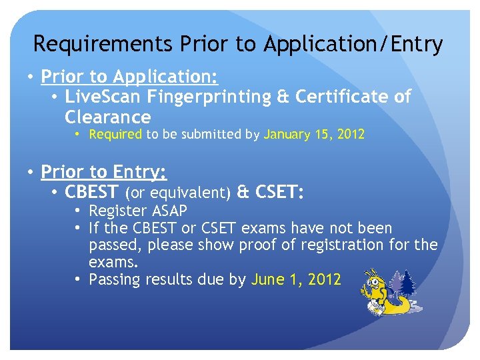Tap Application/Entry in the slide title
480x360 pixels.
[x=353, y=44]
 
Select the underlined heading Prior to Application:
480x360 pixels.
[x=129, y=76]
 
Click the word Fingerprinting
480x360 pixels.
[x=209, y=97]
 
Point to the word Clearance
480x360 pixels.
[x=107, y=117]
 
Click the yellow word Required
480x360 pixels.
[x=115, y=134]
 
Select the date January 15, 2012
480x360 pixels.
[x=314, y=134]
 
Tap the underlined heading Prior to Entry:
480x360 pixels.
[x=103, y=172]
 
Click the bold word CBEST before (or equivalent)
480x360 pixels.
[x=91, y=193]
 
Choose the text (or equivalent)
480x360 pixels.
[x=178, y=193]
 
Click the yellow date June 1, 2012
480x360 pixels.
[x=296, y=279]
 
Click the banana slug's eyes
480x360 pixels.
[x=377, y=275]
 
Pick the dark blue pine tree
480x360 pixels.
[x=406, y=283]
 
